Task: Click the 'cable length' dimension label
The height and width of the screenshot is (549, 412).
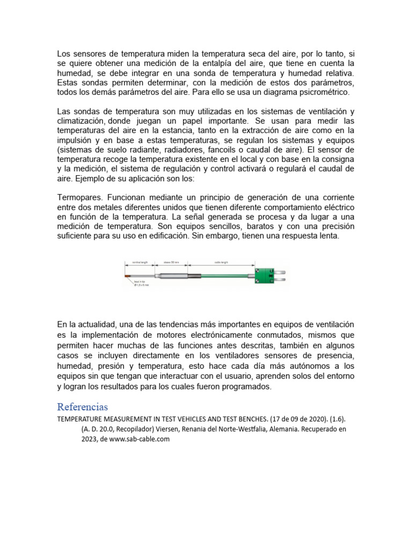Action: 222,263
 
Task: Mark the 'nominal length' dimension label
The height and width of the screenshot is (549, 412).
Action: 140,263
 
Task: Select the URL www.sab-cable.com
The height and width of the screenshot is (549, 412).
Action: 141,439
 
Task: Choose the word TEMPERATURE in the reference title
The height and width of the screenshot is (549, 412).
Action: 79,419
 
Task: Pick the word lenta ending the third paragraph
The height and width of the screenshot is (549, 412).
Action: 328,236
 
